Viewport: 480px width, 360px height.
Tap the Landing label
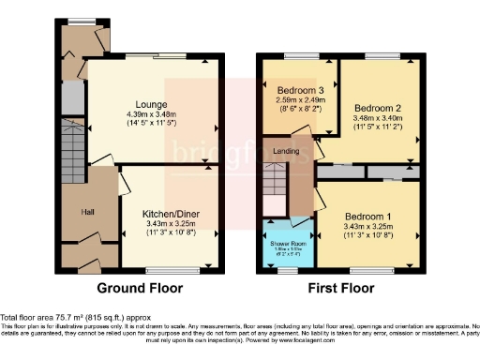click(x=287, y=152)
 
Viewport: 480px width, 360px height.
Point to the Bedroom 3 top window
click(x=300, y=55)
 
